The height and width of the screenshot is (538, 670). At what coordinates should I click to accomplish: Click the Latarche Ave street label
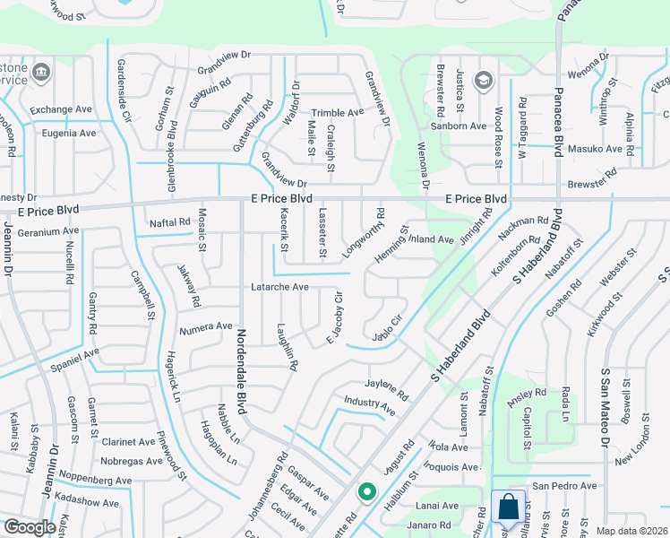pyautogui.click(x=279, y=287)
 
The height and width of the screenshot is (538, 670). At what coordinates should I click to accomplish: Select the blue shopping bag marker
pyautogui.click(x=508, y=508)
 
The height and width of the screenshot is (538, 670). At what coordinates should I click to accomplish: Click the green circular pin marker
pyautogui.click(x=365, y=491)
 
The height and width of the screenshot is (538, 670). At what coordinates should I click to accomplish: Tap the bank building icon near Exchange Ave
pyautogui.click(x=41, y=72)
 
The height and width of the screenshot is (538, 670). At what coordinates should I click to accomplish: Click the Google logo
pyautogui.click(x=29, y=527)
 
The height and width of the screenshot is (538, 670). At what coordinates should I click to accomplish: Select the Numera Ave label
pyautogui.click(x=205, y=326)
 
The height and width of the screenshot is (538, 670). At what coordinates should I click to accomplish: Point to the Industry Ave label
pyautogui.click(x=370, y=404)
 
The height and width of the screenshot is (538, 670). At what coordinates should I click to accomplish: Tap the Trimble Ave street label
pyautogui.click(x=338, y=112)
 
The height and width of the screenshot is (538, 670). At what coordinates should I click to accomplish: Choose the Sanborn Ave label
pyautogui.click(x=458, y=126)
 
